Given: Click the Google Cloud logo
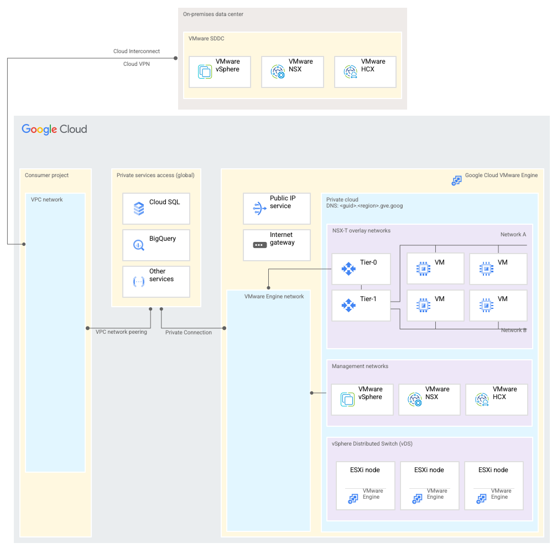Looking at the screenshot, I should (54, 129).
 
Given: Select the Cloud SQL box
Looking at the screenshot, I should (156, 209).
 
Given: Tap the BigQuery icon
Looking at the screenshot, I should (139, 245).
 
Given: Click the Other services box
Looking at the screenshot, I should (156, 282).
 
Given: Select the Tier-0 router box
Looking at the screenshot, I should (361, 269).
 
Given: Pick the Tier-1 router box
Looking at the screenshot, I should (361, 306).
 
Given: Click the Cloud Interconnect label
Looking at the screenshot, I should (137, 51).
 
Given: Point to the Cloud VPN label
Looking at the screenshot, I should (136, 64).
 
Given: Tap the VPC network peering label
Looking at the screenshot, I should (121, 332).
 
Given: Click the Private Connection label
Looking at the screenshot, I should (189, 333).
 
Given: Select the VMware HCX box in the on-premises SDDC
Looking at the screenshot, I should (365, 72).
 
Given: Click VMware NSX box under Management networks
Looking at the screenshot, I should (429, 400).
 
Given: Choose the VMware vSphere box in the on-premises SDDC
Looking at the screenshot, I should (220, 72).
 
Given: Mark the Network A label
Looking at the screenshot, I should (513, 235).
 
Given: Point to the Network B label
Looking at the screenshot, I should (513, 330).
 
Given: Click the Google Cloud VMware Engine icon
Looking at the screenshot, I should (456, 180).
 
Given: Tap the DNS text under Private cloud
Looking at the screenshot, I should (365, 206).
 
